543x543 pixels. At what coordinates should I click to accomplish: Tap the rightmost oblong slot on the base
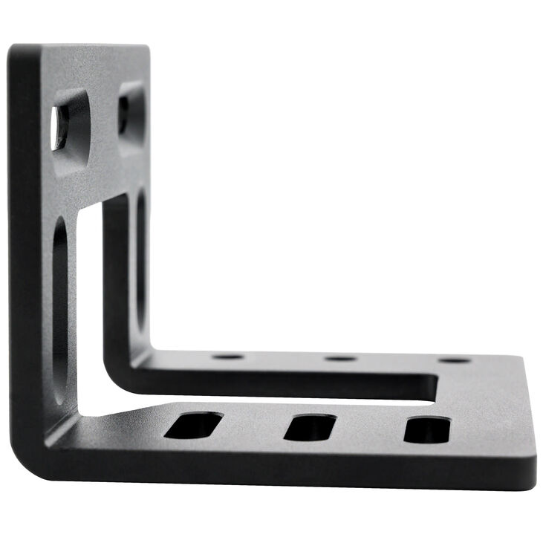(427, 430)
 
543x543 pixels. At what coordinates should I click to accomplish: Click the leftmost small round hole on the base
(227, 357)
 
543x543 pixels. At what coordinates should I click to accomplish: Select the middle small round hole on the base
(340, 359)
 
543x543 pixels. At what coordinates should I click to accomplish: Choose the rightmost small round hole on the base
(454, 360)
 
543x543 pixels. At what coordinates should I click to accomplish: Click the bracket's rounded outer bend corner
(30, 453)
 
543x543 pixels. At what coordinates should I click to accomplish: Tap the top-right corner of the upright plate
(146, 48)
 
